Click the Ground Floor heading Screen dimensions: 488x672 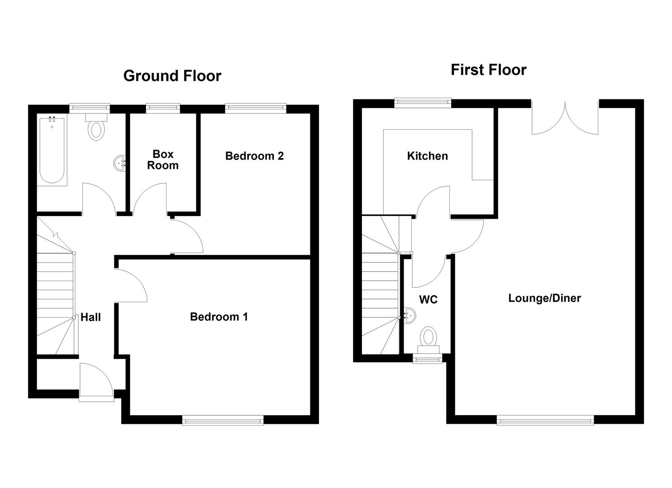point(172,75)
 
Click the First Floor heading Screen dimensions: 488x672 point(488,70)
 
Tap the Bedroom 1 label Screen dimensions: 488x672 point(219,316)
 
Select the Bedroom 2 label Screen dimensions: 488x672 point(254,156)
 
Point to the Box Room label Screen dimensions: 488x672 point(163,160)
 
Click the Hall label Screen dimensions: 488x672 point(91,317)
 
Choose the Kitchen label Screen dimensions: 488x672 point(427,156)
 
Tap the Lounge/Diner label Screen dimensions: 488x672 point(544,298)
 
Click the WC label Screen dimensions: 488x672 point(428,300)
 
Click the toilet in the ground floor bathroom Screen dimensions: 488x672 point(95,127)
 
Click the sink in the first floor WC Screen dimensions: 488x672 point(408,314)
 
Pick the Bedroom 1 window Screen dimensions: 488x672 point(223,420)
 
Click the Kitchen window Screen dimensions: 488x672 point(423,103)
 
